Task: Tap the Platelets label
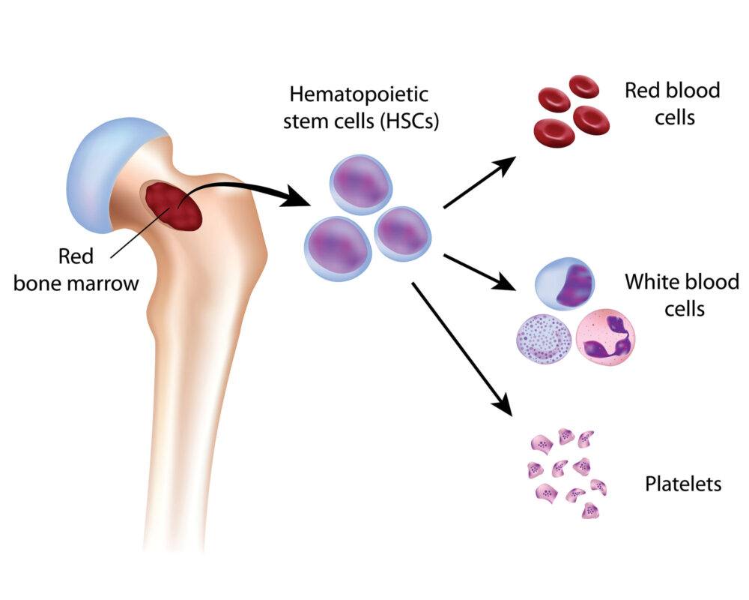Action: pos(683,484)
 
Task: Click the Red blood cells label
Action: pos(672,103)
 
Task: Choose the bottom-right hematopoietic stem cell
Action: pos(401,233)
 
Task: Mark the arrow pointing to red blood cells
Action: pos(479,184)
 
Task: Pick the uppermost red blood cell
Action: pos(583,87)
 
